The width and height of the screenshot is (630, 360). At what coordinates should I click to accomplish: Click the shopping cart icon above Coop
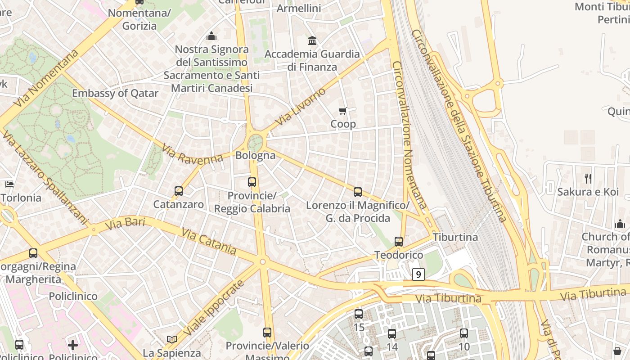point(343,111)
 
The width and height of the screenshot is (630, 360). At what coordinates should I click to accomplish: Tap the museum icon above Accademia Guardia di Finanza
point(312,41)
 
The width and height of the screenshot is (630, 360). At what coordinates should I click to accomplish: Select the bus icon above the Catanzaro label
point(179,191)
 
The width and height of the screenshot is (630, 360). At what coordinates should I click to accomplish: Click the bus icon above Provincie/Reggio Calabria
point(252,182)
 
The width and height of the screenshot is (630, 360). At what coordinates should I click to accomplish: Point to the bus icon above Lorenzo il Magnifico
point(358,192)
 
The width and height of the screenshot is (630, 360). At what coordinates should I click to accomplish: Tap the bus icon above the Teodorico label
point(399,242)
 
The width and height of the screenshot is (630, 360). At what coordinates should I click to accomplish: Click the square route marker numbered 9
point(418,274)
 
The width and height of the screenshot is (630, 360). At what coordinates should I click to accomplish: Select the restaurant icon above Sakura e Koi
point(588,179)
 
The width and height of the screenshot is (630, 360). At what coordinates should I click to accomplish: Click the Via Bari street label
point(126,222)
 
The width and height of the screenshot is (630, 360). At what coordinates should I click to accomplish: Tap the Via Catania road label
point(209,242)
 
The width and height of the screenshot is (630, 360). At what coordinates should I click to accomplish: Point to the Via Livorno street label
point(300,107)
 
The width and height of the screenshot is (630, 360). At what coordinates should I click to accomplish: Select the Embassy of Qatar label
point(115,94)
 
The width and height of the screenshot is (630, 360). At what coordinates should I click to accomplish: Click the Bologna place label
point(256,156)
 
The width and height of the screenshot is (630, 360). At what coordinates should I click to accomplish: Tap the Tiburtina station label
point(455,237)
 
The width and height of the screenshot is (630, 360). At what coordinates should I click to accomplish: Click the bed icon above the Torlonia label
point(9,184)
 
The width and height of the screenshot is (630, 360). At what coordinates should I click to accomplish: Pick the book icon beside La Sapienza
point(171,339)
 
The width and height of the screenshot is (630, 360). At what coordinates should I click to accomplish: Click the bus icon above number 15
point(359,314)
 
